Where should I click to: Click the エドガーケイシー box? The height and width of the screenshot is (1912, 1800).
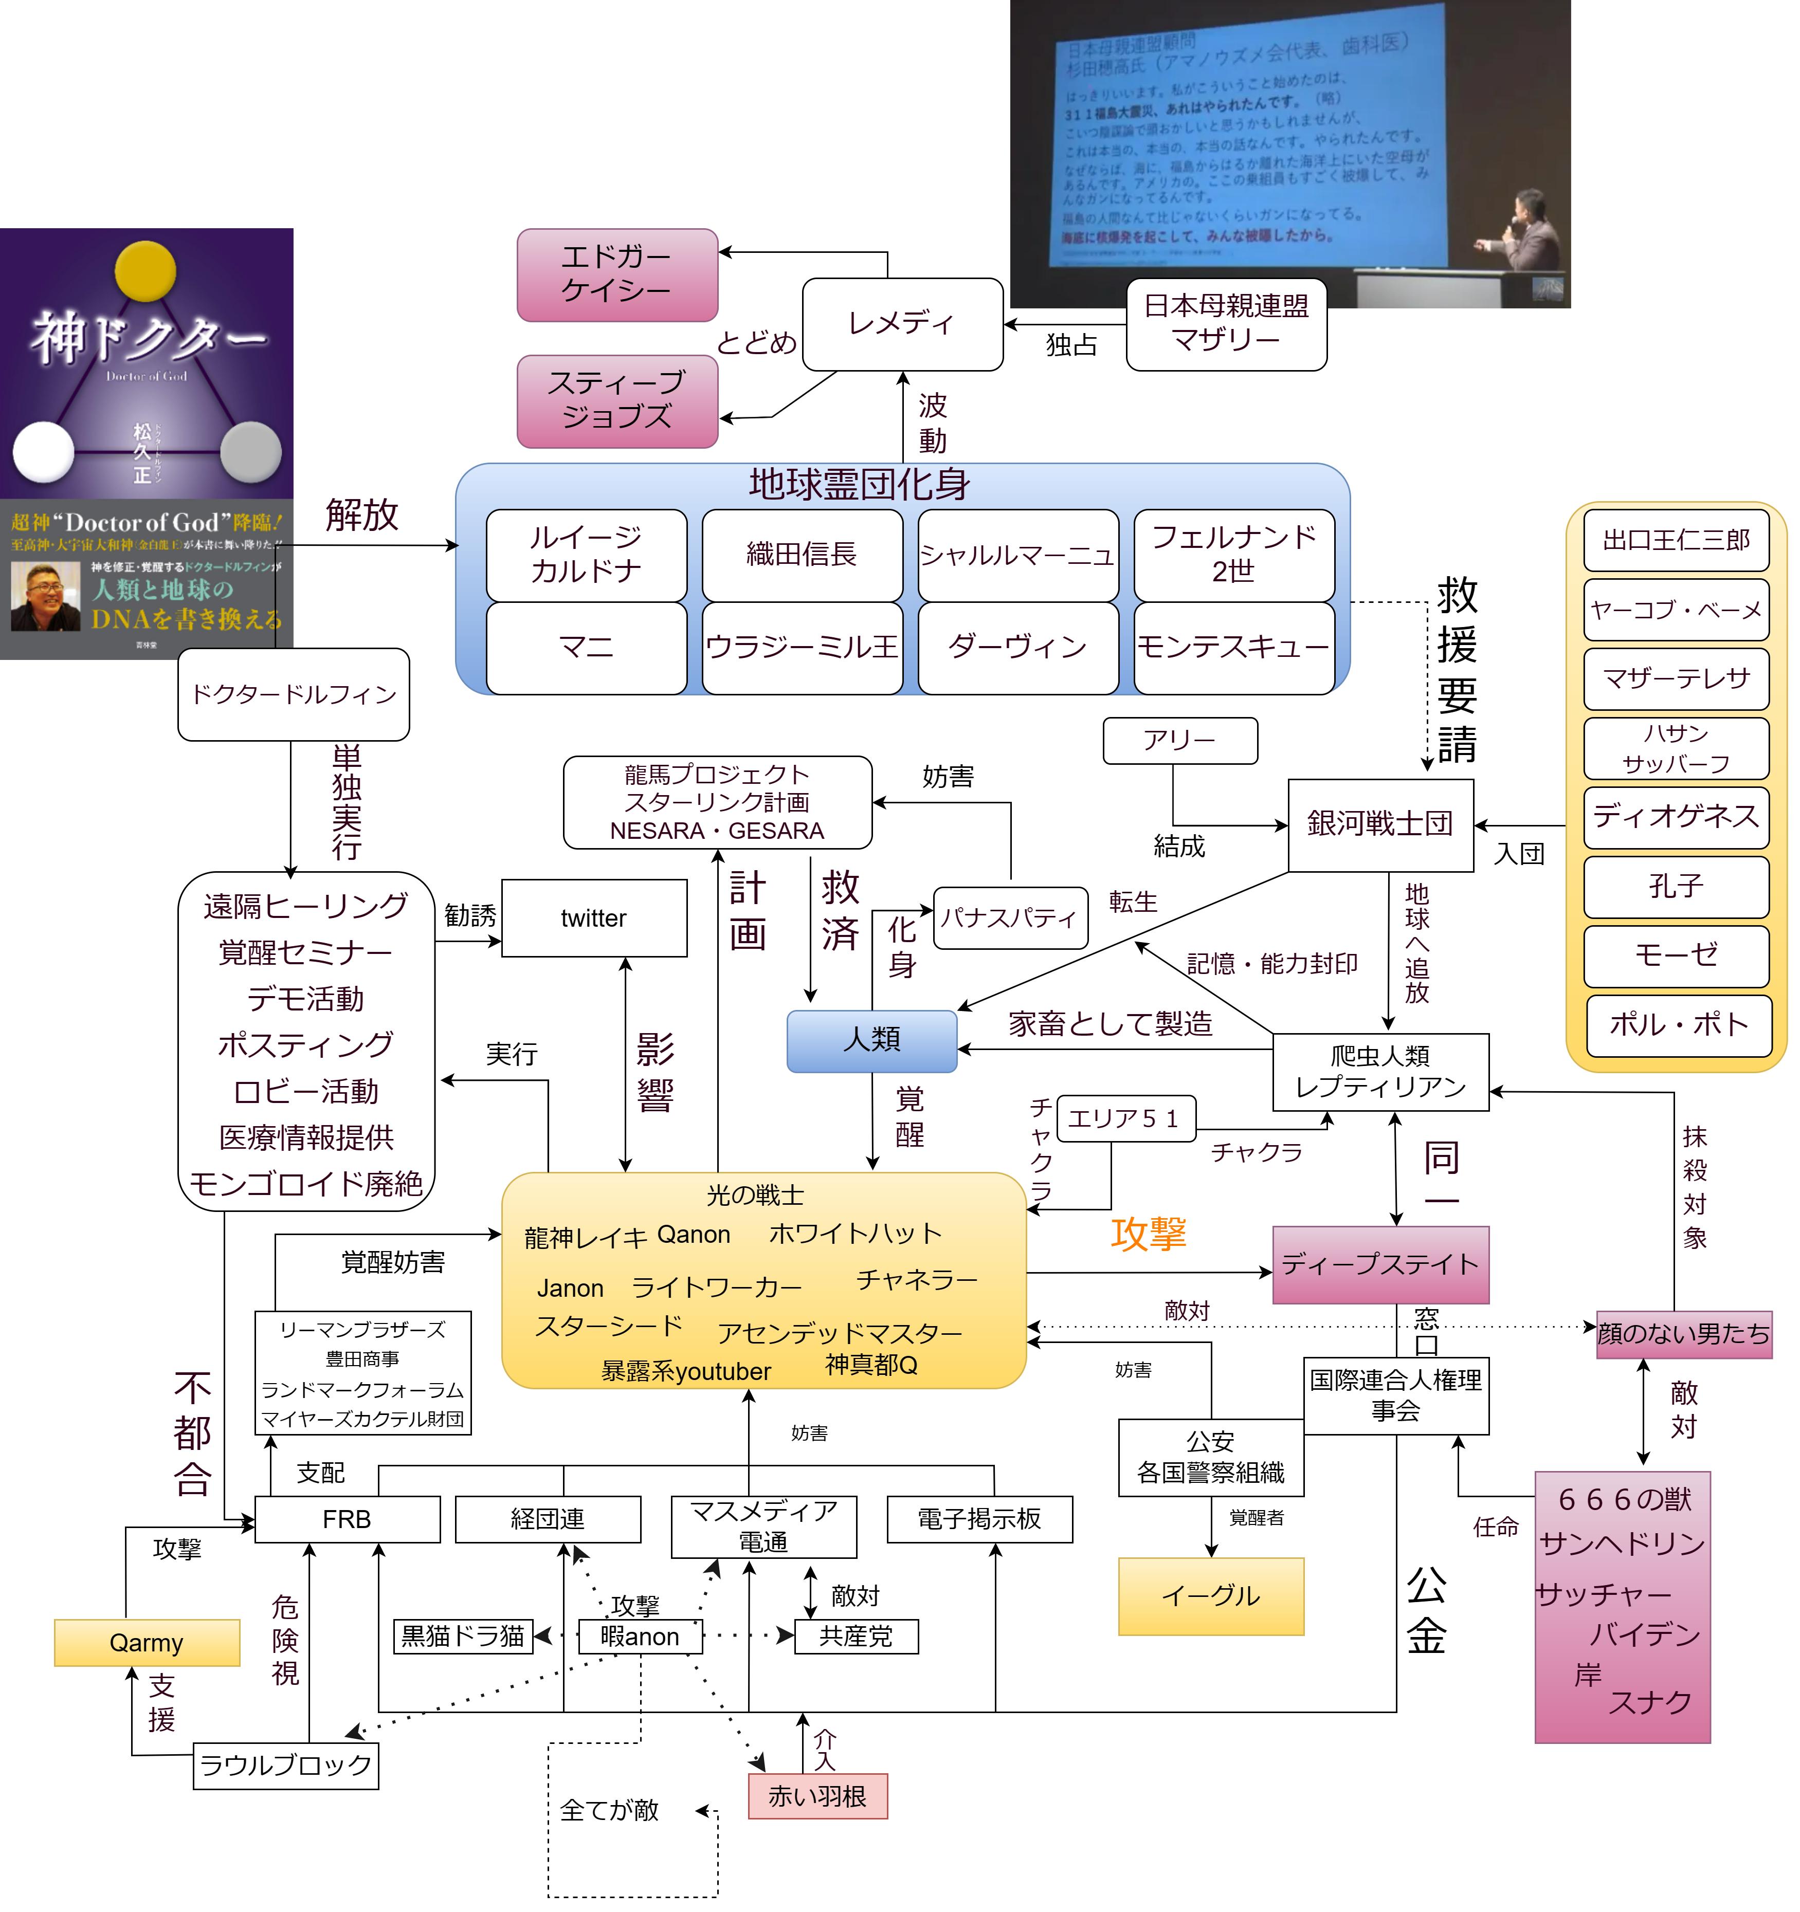click(x=616, y=274)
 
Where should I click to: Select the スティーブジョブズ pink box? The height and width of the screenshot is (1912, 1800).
click(x=616, y=401)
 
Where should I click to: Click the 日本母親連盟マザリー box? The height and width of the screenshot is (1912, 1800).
click(x=1226, y=324)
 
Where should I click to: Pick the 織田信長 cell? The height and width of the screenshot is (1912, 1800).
click(x=802, y=555)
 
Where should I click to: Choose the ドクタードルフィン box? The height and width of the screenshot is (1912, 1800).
click(x=294, y=694)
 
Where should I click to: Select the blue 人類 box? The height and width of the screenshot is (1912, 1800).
click(x=871, y=1041)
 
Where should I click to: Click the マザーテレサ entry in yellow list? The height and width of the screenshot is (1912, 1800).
click(x=1676, y=679)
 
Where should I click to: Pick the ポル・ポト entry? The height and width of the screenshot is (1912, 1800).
click(x=1676, y=1025)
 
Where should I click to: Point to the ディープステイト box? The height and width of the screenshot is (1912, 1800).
click(x=1379, y=1265)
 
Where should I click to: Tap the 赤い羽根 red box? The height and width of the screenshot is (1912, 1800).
click(x=817, y=1796)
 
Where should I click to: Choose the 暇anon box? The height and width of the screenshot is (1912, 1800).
click(x=640, y=1636)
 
